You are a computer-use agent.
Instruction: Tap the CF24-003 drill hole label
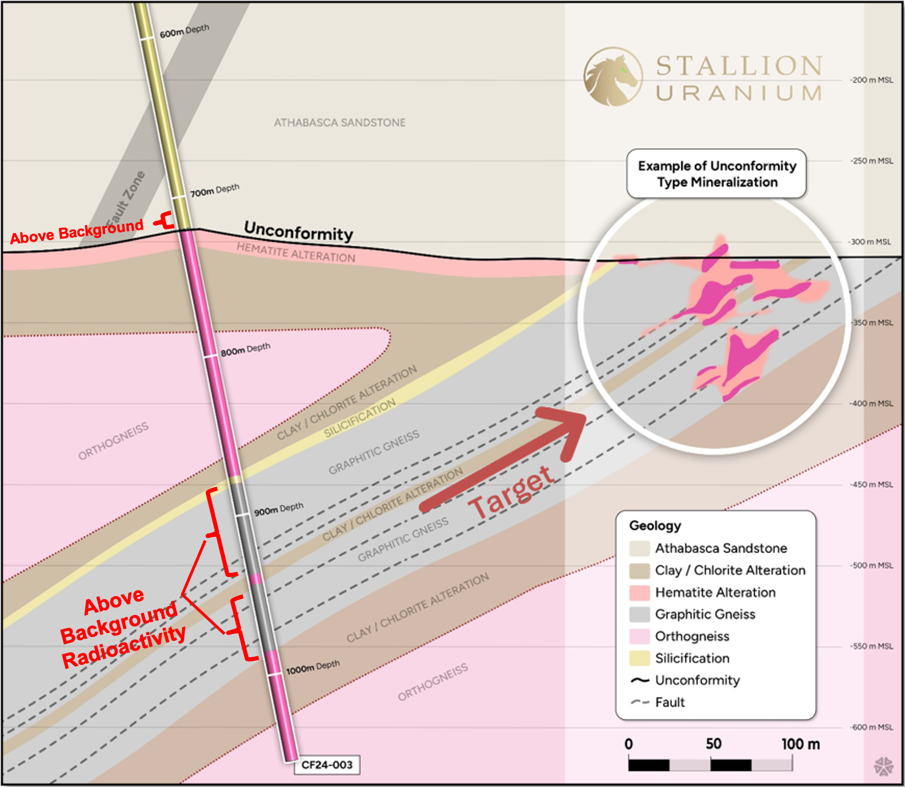(x=327, y=765)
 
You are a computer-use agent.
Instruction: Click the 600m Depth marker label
(x=184, y=31)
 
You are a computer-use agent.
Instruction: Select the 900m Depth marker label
(x=278, y=509)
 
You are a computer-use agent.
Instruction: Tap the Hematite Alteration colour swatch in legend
(x=639, y=592)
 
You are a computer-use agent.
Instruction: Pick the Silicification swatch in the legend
(x=639, y=658)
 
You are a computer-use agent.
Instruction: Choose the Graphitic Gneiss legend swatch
(x=639, y=615)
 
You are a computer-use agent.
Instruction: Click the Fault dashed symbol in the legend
(x=640, y=702)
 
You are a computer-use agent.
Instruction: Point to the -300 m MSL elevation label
(x=871, y=242)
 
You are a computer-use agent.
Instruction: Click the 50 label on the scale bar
(x=713, y=744)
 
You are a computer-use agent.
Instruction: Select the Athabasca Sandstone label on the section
(x=339, y=123)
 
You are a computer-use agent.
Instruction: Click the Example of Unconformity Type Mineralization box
(x=716, y=174)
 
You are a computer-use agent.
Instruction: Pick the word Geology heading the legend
(x=655, y=525)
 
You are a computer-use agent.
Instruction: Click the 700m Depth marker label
(x=214, y=190)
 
